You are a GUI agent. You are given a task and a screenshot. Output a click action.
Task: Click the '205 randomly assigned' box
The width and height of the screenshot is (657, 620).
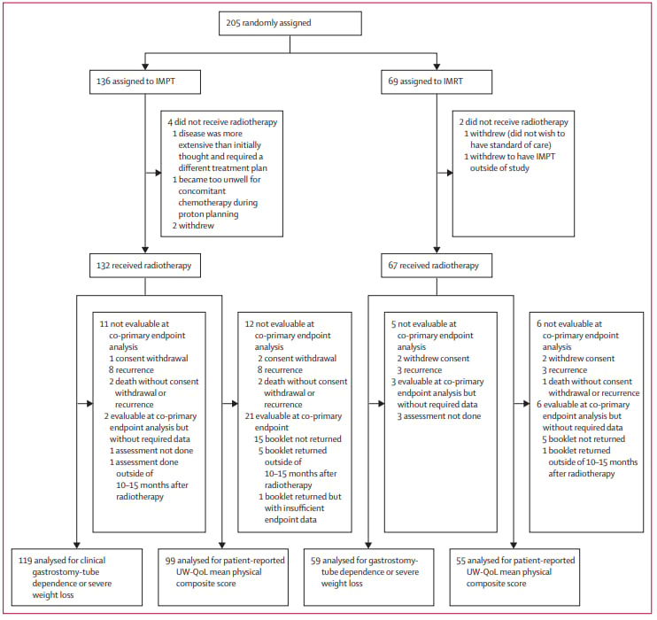click(290, 23)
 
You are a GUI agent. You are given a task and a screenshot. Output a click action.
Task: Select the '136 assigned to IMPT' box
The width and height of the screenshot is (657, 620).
click(145, 81)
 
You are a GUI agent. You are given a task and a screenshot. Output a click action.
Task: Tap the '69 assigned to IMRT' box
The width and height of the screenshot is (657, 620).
click(437, 81)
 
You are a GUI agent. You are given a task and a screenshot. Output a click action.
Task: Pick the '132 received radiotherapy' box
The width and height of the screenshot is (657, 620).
click(145, 266)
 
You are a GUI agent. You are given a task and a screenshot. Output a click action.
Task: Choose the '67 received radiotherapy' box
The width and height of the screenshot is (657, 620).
click(437, 266)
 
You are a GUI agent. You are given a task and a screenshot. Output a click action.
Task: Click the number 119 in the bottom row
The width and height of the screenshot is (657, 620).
click(25, 561)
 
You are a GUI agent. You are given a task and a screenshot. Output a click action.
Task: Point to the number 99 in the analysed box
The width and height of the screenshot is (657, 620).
click(170, 561)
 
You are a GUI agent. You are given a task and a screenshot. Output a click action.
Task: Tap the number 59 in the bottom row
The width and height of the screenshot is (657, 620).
click(316, 561)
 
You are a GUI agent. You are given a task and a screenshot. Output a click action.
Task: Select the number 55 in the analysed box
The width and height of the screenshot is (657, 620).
click(461, 561)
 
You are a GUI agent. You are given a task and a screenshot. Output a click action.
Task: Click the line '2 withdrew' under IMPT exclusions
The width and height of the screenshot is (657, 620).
click(193, 226)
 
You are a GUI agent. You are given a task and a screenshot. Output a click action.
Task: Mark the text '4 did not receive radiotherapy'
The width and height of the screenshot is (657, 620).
click(222, 122)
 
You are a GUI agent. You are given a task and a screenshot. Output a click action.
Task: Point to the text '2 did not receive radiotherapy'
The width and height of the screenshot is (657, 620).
click(514, 122)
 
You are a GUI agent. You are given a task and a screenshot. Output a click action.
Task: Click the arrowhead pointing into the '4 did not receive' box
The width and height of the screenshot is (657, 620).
click(158, 173)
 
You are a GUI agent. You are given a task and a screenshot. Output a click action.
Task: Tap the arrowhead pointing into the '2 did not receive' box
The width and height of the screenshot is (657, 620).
click(450, 173)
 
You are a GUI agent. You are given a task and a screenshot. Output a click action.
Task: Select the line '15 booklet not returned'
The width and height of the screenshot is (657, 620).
click(298, 439)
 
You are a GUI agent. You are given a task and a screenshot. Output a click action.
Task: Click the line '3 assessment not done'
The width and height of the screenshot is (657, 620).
click(439, 416)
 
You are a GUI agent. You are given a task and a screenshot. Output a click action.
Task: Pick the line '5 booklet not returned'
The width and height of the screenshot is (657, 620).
click(584, 439)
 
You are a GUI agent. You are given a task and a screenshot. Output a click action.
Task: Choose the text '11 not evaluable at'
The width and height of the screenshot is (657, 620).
click(134, 324)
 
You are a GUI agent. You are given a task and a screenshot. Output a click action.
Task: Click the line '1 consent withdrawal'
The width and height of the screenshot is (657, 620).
click(149, 359)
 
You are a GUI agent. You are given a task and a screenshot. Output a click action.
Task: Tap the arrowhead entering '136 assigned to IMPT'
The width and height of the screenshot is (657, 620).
click(145, 66)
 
